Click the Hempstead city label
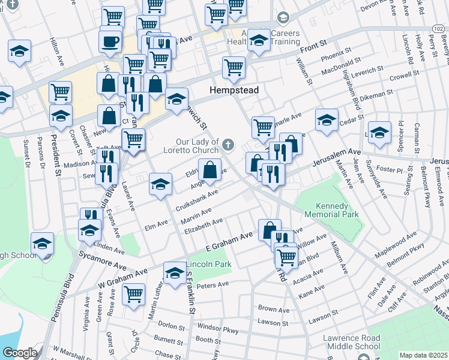(234, 90)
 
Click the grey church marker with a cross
(228, 144)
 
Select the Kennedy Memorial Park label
(331, 209)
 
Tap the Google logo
(20, 353)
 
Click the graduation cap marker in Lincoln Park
(174, 272)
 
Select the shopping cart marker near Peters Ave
(133, 294)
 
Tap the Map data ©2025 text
(423, 355)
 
